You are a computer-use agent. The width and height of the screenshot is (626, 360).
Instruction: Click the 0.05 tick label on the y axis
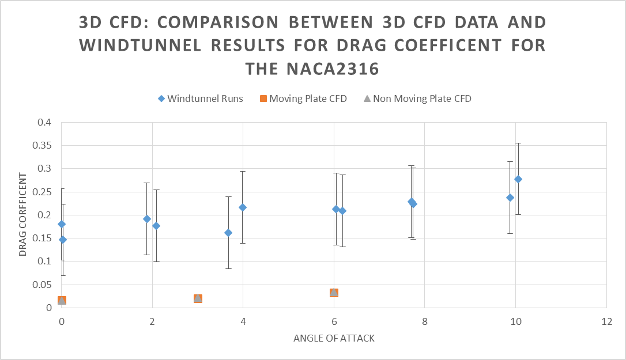click(x=44, y=285)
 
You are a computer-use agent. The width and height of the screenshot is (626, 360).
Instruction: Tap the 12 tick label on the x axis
click(x=606, y=321)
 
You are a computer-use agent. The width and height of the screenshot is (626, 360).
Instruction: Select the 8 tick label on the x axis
click(x=424, y=321)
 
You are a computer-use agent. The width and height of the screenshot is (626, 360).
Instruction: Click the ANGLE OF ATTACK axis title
click(x=334, y=338)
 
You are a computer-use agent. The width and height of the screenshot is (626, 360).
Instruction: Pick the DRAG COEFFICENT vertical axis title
click(x=23, y=215)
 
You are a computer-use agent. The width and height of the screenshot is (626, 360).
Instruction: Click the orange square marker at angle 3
click(x=198, y=298)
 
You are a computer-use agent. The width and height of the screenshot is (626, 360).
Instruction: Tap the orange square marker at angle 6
click(x=334, y=293)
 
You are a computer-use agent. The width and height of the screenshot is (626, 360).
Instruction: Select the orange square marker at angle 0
click(x=62, y=300)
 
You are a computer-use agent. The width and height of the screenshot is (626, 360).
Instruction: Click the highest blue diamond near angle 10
click(x=518, y=179)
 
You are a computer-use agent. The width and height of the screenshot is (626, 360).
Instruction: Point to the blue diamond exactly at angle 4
click(x=243, y=207)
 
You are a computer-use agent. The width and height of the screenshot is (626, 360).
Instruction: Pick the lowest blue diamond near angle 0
click(x=63, y=240)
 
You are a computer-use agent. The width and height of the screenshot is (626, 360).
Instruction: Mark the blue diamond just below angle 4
click(x=228, y=233)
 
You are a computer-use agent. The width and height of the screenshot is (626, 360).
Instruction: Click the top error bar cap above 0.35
click(x=518, y=143)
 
